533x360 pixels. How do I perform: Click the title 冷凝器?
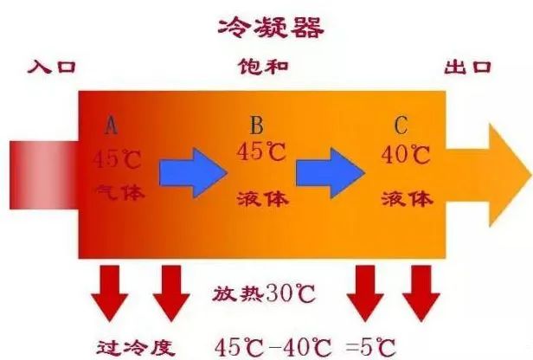(x=271, y=27)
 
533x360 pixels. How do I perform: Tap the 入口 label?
(x=52, y=67)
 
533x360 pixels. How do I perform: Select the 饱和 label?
(x=263, y=66)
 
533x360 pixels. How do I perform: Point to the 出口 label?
(x=468, y=67)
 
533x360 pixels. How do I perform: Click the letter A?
(x=111, y=125)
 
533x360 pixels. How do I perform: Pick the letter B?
(x=257, y=125)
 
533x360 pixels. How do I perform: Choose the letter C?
(x=401, y=125)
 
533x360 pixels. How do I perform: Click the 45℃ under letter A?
(x=118, y=159)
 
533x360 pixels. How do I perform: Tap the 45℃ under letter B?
(x=261, y=151)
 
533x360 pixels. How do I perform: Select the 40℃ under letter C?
(x=406, y=155)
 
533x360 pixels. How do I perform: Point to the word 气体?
(x=120, y=192)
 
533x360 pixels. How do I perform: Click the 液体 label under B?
(x=263, y=198)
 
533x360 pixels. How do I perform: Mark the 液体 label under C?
(x=407, y=198)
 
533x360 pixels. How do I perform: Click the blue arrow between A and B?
(x=193, y=173)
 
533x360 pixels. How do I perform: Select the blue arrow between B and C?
(x=331, y=173)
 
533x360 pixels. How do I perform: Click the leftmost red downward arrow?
(x=109, y=293)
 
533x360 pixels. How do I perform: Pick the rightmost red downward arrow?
(x=421, y=293)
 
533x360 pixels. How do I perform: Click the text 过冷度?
(x=136, y=347)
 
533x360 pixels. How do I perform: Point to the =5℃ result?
(x=371, y=347)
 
